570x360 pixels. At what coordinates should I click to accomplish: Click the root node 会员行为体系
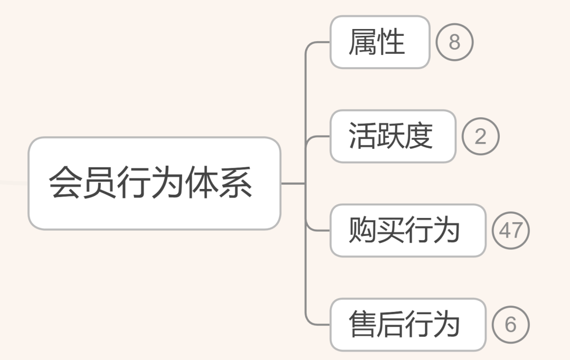(x=154, y=183)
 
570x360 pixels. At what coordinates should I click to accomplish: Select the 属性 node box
(x=380, y=42)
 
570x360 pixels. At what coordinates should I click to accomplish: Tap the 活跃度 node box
(x=393, y=136)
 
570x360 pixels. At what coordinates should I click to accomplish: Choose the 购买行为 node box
(x=407, y=231)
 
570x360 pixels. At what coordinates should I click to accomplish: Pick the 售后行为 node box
(x=407, y=325)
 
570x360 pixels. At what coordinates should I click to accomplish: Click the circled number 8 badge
(x=454, y=42)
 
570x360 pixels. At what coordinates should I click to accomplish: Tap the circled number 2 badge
(x=480, y=137)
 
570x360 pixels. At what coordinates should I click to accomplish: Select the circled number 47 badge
(x=510, y=231)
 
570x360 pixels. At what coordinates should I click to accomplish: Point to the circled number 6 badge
(x=510, y=325)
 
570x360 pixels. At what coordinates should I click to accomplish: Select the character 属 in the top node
(x=363, y=42)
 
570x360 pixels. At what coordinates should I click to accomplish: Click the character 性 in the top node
(x=391, y=42)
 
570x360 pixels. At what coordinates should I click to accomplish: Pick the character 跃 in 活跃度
(x=391, y=136)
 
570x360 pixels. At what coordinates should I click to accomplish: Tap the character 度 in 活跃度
(x=419, y=136)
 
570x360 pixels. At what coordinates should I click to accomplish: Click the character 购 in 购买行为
(x=363, y=231)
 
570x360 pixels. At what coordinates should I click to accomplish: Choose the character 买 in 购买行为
(x=391, y=231)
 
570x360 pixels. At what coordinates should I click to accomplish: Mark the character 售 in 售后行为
(x=363, y=325)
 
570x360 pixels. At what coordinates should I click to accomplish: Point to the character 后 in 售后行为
(x=391, y=325)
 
